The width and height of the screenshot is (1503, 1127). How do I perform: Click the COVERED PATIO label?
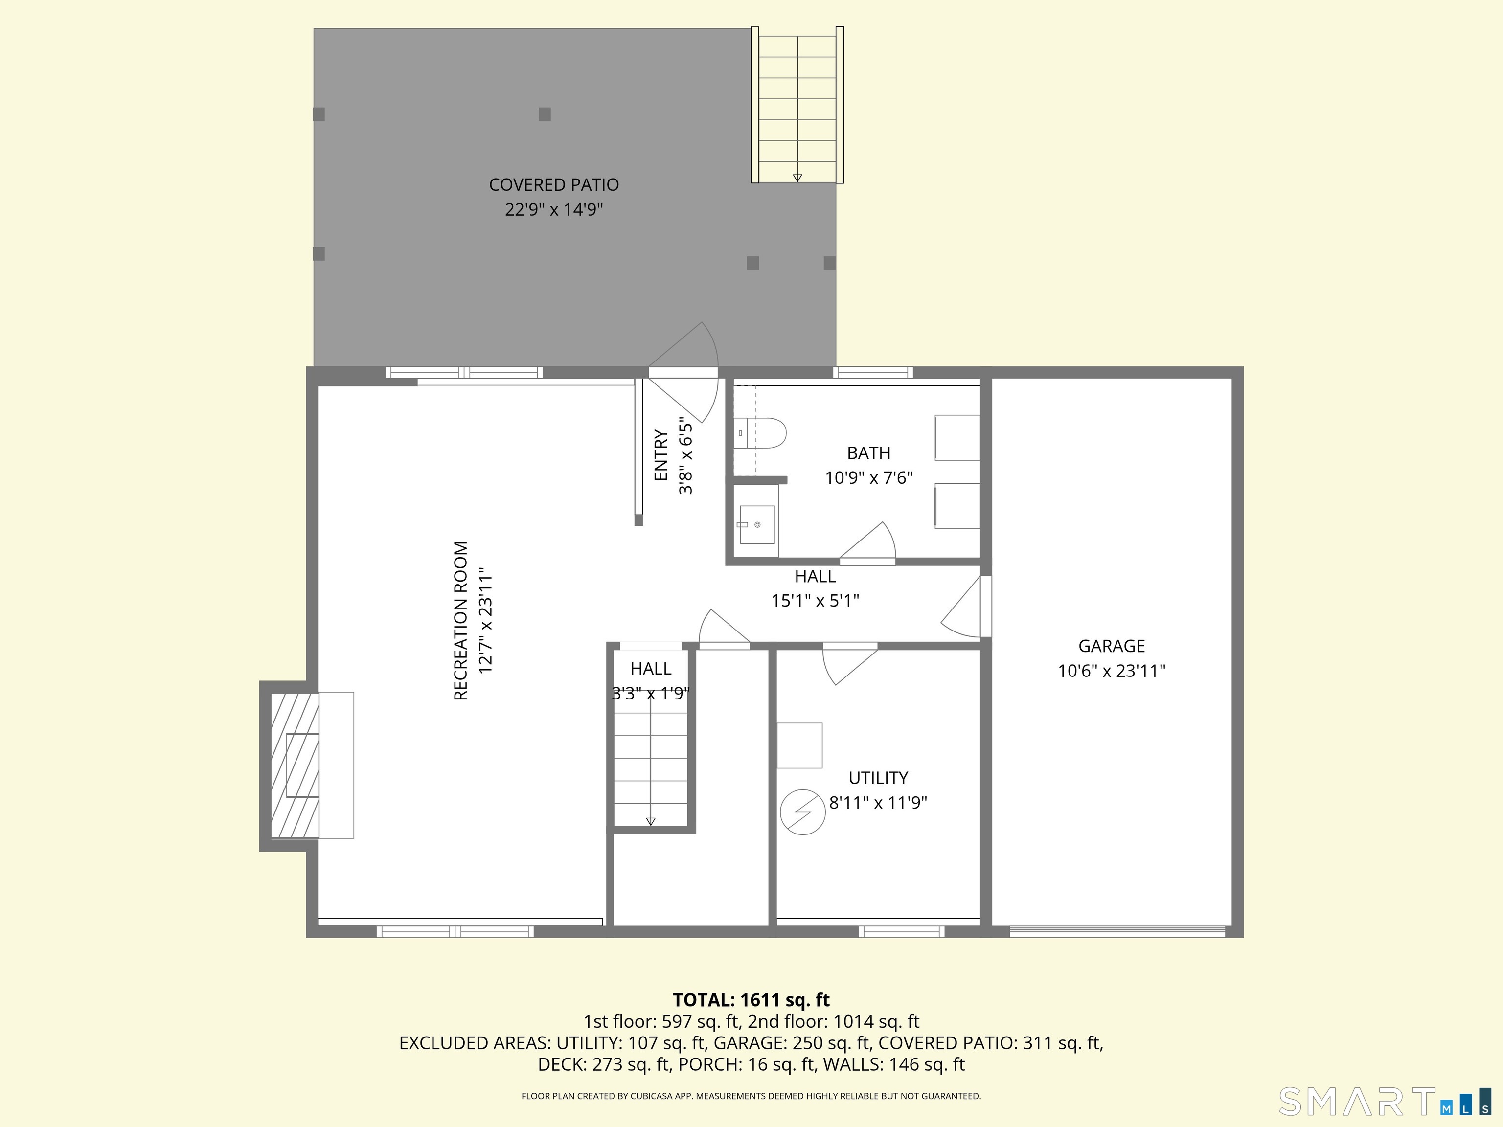554,185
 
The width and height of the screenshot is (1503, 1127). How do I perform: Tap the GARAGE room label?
1112,646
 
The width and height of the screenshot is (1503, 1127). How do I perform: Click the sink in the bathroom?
756,524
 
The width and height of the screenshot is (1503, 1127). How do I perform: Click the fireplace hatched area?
295,766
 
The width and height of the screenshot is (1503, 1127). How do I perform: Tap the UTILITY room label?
878,778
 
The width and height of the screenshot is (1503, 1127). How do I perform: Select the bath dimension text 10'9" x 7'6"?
868,477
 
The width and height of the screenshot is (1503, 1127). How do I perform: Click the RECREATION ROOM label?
461,620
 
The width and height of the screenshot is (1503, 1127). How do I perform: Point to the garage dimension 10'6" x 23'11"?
1112,671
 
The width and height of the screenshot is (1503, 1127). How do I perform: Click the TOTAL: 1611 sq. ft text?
751,1000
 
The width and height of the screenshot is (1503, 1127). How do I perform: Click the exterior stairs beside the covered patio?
797,105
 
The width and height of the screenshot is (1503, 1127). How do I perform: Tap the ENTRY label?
661,455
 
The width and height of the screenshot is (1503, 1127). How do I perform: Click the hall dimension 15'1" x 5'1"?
816,601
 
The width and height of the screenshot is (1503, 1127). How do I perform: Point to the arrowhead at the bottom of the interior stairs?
650,821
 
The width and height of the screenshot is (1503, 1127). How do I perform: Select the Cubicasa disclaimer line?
751,1096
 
